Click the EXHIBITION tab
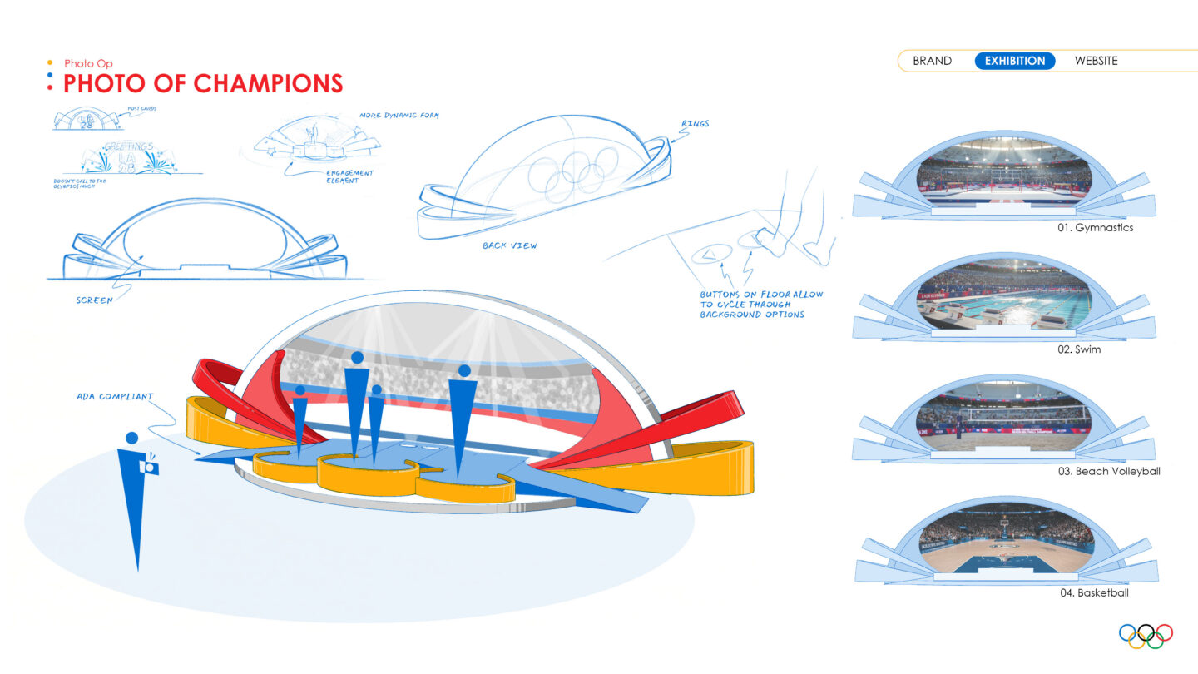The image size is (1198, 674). tap(1015, 61)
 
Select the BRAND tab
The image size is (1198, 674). tap(932, 61)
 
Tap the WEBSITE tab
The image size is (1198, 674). tap(1096, 61)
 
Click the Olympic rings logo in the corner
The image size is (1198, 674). tap(1146, 635)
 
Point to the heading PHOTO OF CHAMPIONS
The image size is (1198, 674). tap(203, 83)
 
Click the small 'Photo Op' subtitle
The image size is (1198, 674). tap(88, 63)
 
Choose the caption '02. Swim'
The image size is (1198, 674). tap(1079, 349)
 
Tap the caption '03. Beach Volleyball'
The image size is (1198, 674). tap(1109, 471)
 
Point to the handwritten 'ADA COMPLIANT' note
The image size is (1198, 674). tap(115, 397)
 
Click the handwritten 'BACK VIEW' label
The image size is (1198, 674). tap(509, 245)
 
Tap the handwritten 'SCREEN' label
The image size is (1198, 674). tap(93, 300)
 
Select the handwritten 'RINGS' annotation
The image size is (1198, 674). tap(695, 124)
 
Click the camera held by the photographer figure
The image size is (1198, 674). tap(150, 467)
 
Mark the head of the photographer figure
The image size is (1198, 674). tap(131, 438)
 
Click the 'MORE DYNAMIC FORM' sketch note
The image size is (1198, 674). tap(399, 115)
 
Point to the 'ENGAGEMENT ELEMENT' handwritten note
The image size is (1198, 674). tap(350, 176)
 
